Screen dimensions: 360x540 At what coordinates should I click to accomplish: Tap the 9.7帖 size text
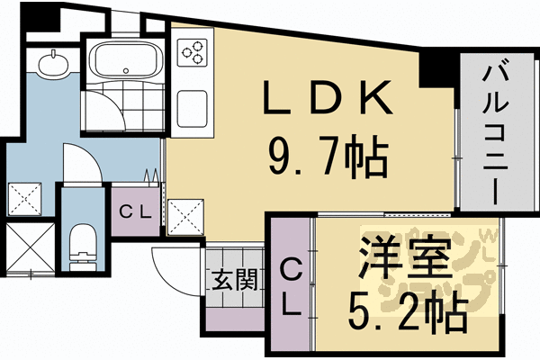tap(328, 159)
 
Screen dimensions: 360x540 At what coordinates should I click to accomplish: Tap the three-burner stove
tap(193, 54)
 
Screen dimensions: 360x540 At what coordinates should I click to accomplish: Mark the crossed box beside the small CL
tap(184, 216)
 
